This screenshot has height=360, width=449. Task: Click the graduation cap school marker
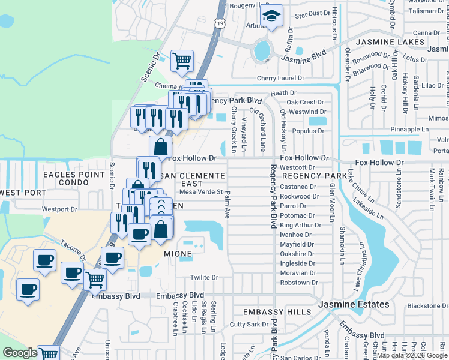[272, 16]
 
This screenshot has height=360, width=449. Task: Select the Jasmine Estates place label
[354, 305]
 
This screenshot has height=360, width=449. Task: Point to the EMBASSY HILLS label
[277, 312]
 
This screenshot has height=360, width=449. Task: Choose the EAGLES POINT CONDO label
[74, 178]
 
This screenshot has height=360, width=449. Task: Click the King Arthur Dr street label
[300, 225]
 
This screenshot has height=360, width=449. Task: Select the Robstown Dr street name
[299, 283]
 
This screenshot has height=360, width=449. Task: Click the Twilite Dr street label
[202, 277]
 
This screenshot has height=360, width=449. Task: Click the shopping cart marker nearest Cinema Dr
[182, 61]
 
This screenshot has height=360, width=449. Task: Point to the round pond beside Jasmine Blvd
[262, 50]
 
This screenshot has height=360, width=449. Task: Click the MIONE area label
[178, 254]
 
